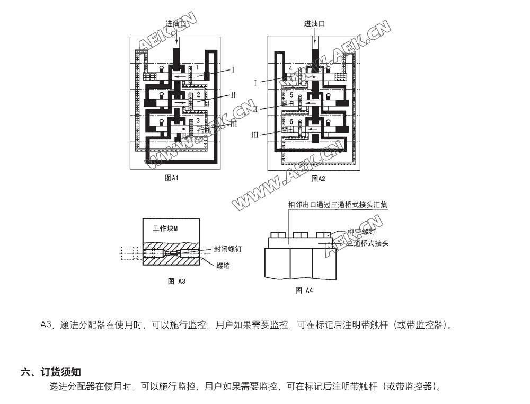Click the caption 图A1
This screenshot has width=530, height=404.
pos(172,178)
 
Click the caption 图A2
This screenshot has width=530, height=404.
pos(318,179)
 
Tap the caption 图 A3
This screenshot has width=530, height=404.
pos(176,281)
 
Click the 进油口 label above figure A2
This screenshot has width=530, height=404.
pos(314,24)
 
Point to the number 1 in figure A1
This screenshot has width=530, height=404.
pos(197,67)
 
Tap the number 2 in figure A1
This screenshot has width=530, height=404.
pos(198,95)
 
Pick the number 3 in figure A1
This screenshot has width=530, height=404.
pos(198,121)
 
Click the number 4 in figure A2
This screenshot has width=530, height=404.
pos(291,69)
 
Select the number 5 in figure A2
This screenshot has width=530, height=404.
pos(291,95)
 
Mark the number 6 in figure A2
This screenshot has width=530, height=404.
pos(291,121)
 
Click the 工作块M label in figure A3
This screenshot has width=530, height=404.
pos(165,229)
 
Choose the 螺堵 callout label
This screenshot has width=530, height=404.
pos(223,265)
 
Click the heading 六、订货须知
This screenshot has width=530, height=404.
pos(51,372)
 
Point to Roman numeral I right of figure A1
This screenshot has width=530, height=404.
pos(233,69)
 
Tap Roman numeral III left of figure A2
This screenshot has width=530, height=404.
pos(254,135)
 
